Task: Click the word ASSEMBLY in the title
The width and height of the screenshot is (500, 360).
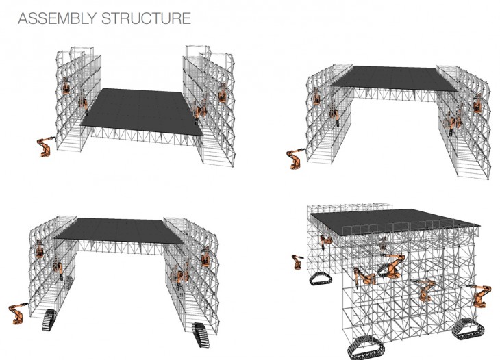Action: click(58, 18)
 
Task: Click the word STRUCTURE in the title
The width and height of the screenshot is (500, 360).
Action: click(147, 18)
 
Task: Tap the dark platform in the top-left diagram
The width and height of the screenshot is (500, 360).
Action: click(141, 112)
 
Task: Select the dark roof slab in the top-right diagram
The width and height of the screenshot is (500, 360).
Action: click(394, 79)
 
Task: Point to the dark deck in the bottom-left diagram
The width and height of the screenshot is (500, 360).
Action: click(120, 231)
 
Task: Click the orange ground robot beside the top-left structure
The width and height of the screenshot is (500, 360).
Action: click(45, 147)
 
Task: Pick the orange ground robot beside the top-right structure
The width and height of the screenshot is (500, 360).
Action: click(295, 159)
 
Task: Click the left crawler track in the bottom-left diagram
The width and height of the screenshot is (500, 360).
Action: click(49, 320)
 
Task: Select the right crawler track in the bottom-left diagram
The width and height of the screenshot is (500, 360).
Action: click(201, 335)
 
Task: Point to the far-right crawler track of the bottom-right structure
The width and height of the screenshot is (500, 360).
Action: click(468, 329)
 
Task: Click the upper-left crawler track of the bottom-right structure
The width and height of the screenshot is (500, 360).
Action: click(321, 279)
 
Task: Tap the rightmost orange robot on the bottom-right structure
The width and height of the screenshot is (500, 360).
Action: click(479, 296)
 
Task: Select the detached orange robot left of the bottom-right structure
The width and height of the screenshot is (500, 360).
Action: click(297, 262)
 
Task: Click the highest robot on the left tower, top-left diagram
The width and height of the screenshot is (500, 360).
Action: click(66, 86)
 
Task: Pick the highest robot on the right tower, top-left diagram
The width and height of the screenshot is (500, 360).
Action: click(222, 92)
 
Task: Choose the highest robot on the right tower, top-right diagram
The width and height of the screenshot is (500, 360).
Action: click(477, 103)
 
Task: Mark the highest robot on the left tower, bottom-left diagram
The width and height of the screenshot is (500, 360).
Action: click(40, 249)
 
